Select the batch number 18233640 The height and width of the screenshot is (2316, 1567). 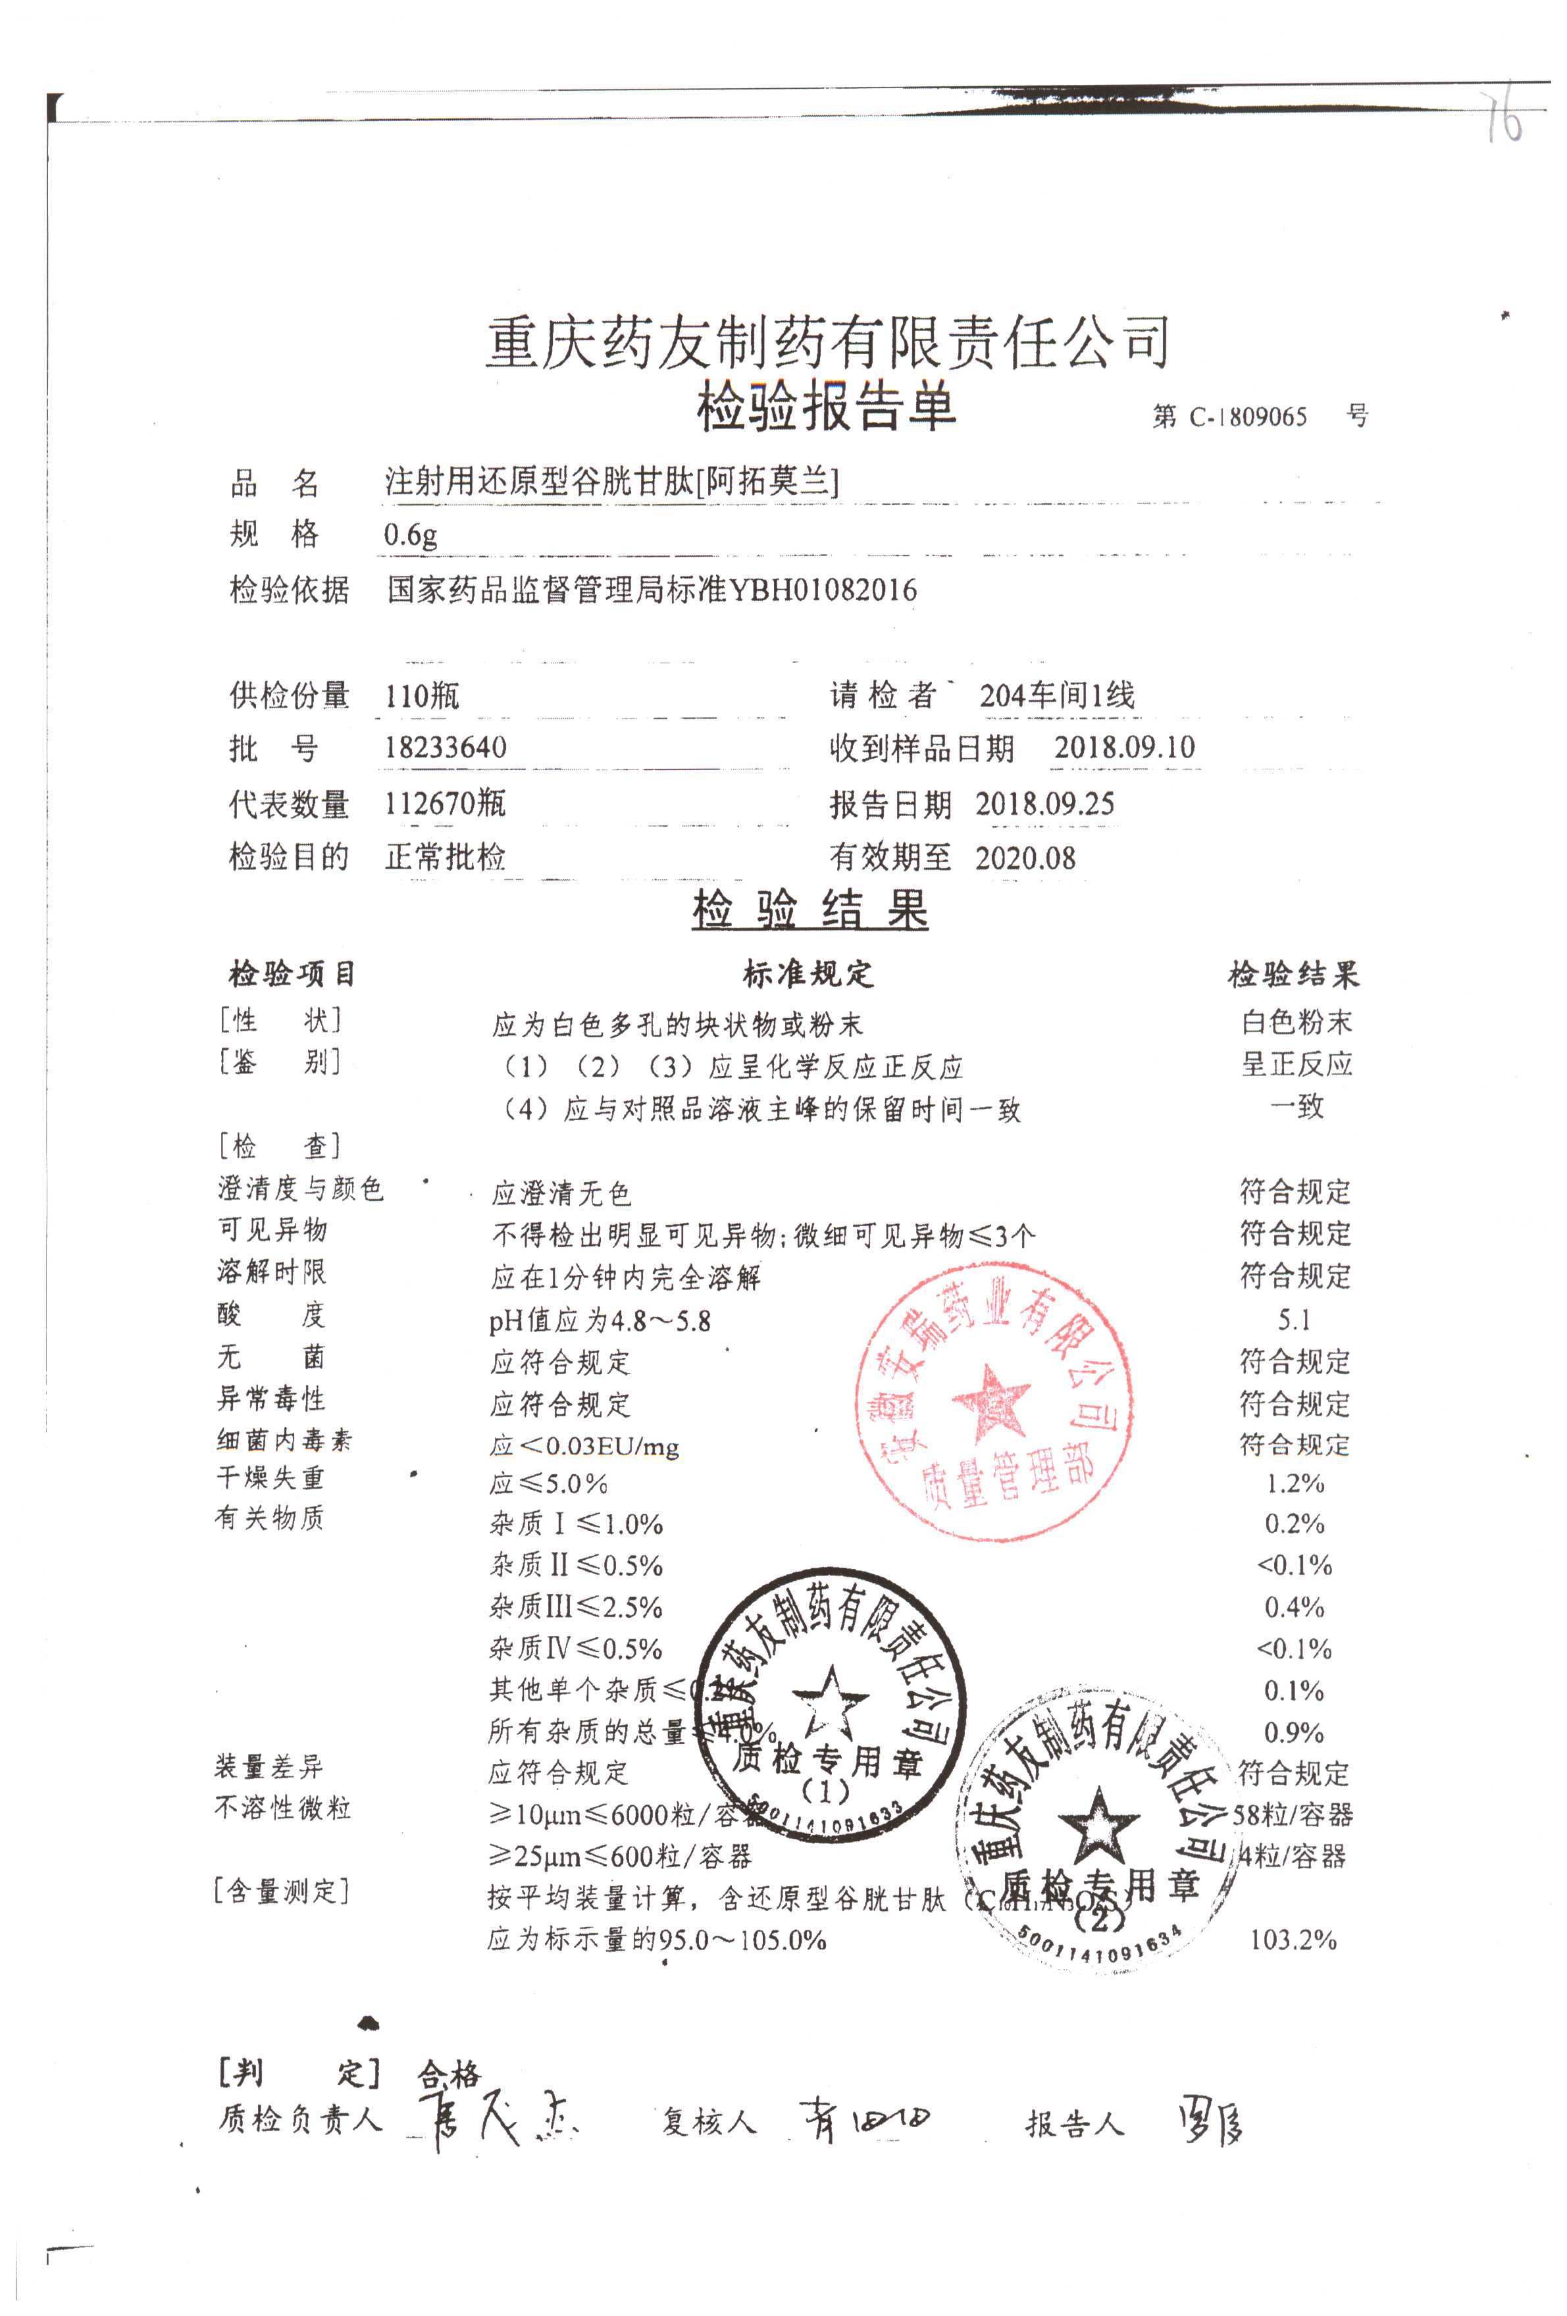click(x=446, y=748)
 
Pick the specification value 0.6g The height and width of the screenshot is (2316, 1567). click(x=410, y=535)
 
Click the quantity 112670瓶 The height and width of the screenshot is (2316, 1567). click(x=445, y=802)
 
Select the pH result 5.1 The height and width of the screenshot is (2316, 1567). click(x=1294, y=1320)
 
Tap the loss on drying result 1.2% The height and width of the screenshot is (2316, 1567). click(x=1294, y=1483)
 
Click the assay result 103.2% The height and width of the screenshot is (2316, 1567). click(x=1292, y=1940)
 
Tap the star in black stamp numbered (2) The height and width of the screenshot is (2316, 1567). click(x=1098, y=1826)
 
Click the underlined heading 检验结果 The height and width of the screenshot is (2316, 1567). click(x=809, y=910)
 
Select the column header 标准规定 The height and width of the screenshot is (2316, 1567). click(x=808, y=973)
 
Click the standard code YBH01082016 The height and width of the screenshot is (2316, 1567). click(x=823, y=590)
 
